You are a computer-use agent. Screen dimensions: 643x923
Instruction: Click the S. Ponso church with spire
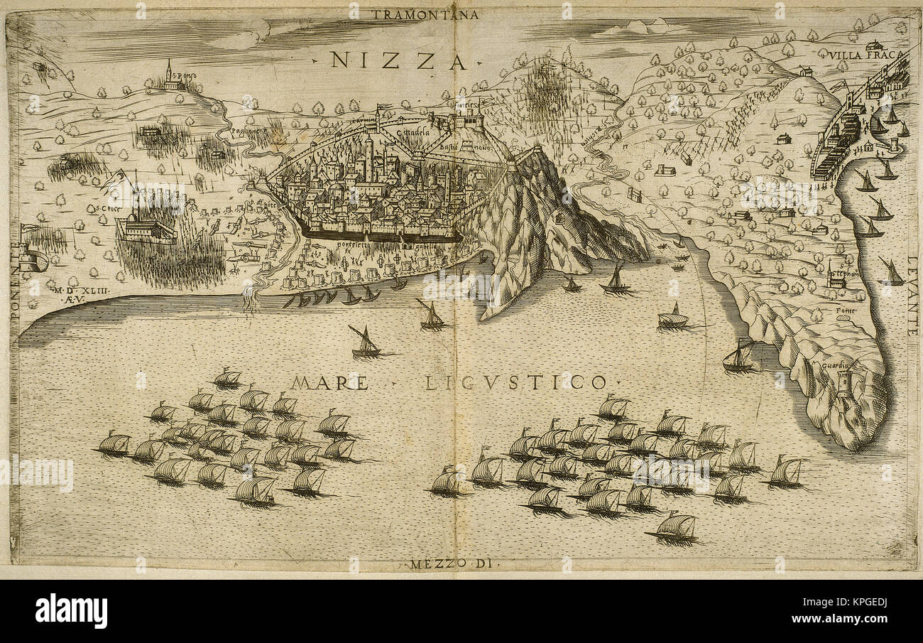click(x=170, y=77)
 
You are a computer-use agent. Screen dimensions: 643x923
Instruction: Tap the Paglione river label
click(x=245, y=133)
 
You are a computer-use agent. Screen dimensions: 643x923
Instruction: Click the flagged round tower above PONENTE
click(x=32, y=257)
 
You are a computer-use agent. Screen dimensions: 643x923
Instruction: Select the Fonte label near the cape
click(x=844, y=310)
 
